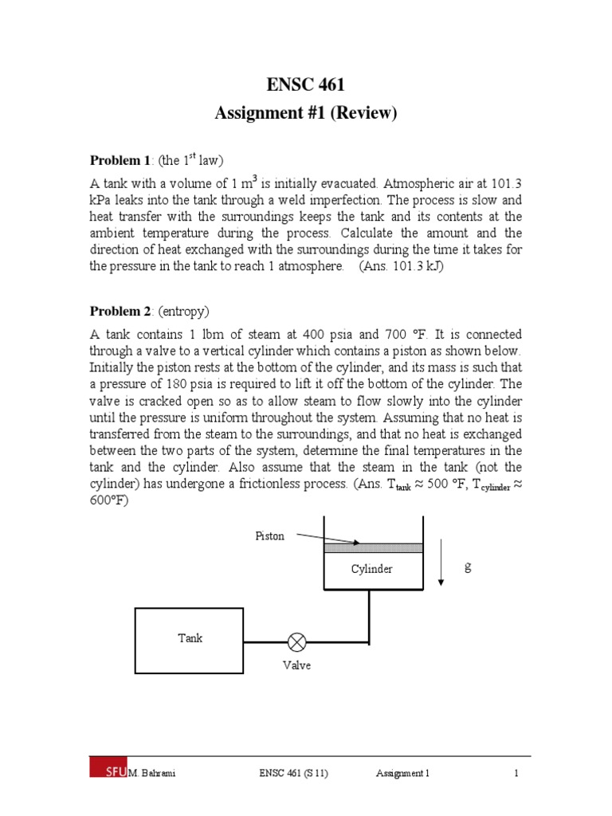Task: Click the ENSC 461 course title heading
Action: (305, 85)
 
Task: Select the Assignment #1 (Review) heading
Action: (305, 113)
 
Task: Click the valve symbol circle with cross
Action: (297, 641)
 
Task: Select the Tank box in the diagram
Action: (190, 638)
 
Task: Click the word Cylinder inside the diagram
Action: (372, 569)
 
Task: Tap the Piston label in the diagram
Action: (269, 536)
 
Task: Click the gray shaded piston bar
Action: (373, 547)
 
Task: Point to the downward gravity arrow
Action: (441, 566)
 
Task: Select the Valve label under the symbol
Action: (296, 665)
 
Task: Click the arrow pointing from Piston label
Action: (327, 539)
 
